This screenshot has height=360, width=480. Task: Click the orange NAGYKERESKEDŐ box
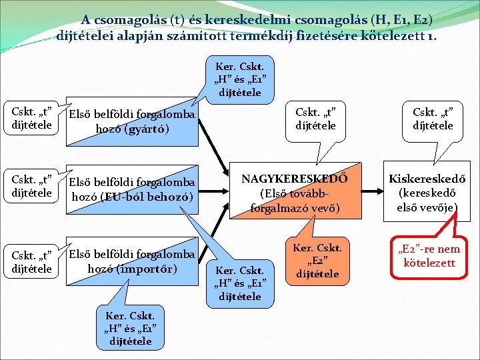(x=294, y=193)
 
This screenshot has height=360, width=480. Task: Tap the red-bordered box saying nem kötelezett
(x=429, y=255)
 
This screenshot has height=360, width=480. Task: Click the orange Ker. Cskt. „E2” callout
(x=317, y=261)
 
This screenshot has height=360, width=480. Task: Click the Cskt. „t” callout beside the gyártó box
(x=28, y=117)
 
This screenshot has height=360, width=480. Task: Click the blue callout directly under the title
(x=239, y=79)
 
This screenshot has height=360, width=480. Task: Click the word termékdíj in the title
(x=261, y=35)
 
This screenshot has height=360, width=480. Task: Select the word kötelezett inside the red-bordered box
(x=429, y=262)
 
